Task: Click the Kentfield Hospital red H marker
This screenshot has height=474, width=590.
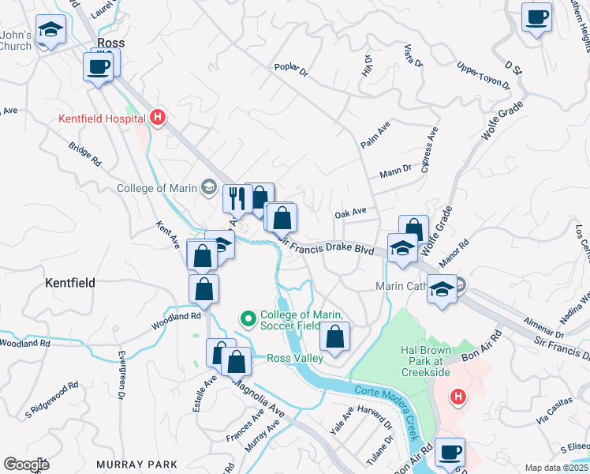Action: click(158, 118)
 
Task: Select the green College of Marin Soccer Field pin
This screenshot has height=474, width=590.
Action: click(248, 319)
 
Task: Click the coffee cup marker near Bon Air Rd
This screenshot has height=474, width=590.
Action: click(450, 453)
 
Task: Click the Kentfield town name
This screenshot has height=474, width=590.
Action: click(70, 282)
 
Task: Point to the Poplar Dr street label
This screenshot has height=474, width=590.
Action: click(290, 69)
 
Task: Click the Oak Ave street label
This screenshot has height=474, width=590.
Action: click(351, 213)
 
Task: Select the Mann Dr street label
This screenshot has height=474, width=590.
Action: click(396, 169)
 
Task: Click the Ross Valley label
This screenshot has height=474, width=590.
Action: click(296, 358)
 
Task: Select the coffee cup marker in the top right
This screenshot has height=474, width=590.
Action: click(537, 17)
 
